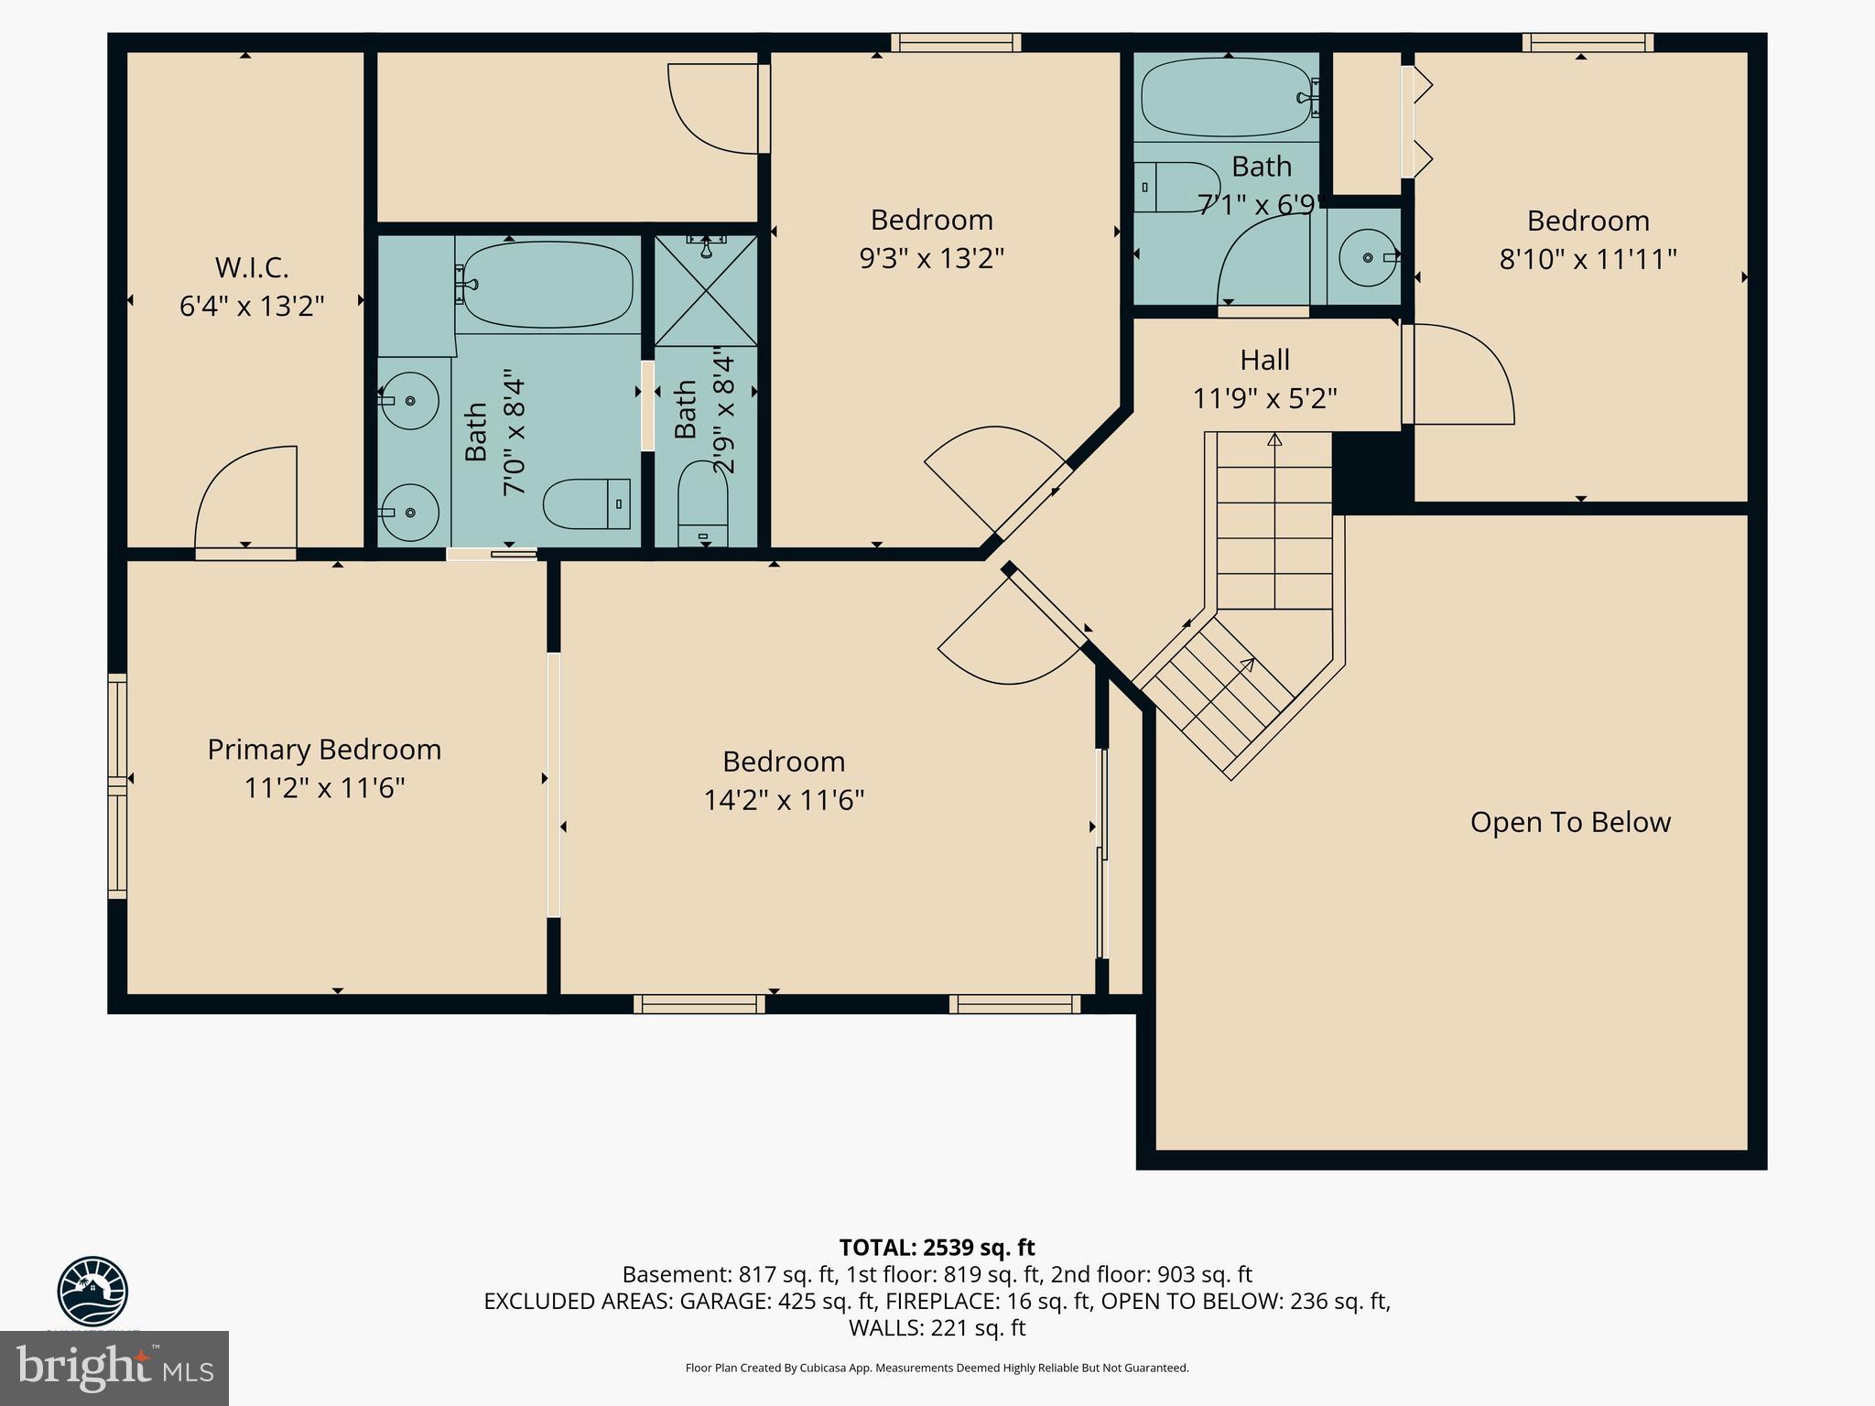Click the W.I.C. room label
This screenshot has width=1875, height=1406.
(x=252, y=267)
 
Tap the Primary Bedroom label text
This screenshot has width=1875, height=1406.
(x=324, y=750)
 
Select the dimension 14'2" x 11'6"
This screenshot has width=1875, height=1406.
(x=784, y=800)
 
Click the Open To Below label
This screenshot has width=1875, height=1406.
(x=1570, y=822)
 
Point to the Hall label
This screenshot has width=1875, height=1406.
(x=1265, y=360)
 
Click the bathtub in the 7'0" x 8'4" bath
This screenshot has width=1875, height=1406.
(x=547, y=284)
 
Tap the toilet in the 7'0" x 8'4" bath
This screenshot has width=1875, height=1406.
(x=586, y=503)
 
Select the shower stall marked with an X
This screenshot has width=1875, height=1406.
(x=706, y=291)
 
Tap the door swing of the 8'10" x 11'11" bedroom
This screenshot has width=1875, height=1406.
(x=1460, y=375)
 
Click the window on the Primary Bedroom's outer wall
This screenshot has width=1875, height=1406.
(x=117, y=784)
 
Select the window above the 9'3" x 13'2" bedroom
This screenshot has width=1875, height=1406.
(x=956, y=42)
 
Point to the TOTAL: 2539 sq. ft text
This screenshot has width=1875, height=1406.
(x=937, y=1248)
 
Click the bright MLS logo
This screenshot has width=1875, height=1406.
(x=114, y=1368)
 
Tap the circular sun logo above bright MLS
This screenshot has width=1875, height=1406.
(x=92, y=1291)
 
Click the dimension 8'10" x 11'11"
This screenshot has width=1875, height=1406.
(x=1588, y=259)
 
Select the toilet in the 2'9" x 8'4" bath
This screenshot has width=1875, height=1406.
(x=703, y=508)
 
